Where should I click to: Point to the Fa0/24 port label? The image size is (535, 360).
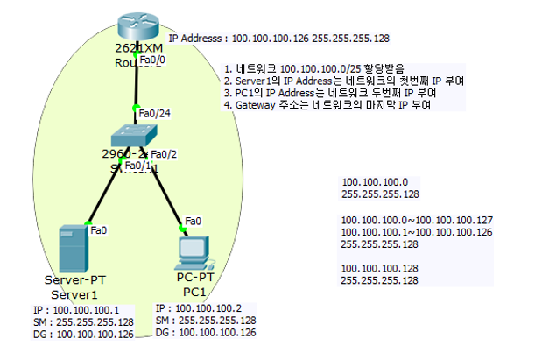pyautogui.click(x=153, y=111)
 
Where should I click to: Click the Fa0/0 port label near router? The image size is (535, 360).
pyautogui.click(x=152, y=60)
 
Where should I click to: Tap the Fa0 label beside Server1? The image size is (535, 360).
pyautogui.click(x=98, y=229)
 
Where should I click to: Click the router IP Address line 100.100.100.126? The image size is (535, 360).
pyautogui.click(x=278, y=39)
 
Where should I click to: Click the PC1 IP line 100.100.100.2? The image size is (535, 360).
pyautogui.click(x=204, y=308)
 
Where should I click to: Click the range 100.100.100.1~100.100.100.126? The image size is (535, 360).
pyautogui.click(x=417, y=232)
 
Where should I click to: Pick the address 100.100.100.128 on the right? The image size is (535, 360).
pyautogui.click(x=379, y=268)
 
